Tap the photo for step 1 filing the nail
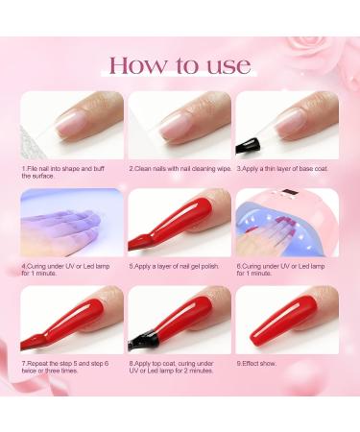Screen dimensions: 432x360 pos(72,126)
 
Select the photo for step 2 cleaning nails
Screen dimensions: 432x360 pos(180,126)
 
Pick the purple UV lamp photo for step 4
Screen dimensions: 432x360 pos(72,222)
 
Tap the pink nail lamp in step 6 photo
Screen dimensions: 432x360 pos(287,216)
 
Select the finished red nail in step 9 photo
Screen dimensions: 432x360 pos(288,322)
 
